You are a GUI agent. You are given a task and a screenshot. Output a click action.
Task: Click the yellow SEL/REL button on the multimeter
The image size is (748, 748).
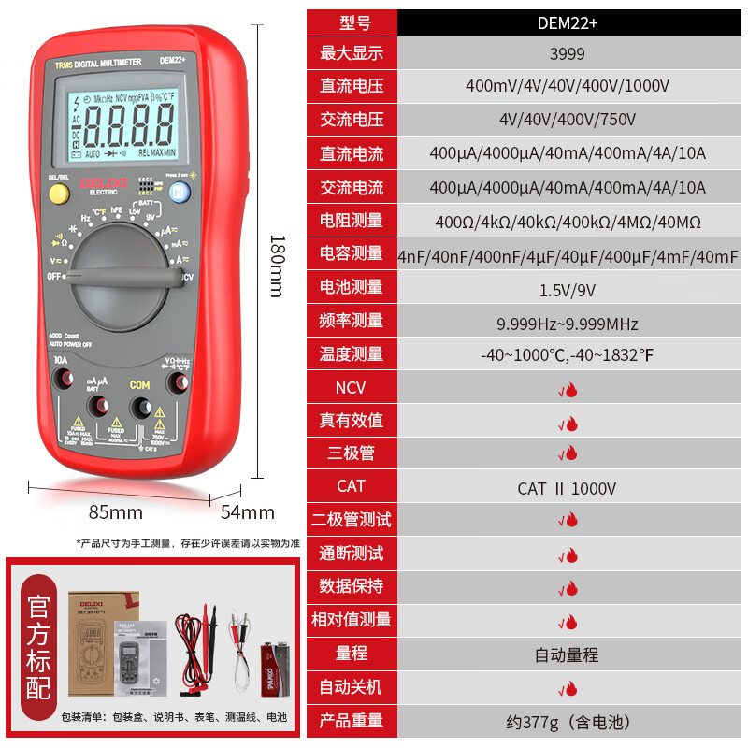click(x=59, y=194)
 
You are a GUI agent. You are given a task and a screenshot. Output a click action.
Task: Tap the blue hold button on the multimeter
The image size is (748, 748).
click(x=180, y=192)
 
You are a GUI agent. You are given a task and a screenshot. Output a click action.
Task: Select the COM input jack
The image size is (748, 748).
click(x=140, y=406)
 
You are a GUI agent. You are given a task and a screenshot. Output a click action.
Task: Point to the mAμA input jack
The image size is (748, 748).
click(x=96, y=405)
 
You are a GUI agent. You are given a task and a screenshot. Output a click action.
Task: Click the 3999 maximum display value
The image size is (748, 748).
click(x=568, y=53)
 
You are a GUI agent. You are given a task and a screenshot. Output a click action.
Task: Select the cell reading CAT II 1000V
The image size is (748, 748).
click(x=567, y=487)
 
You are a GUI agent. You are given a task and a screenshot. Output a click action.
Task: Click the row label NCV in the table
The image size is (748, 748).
click(x=351, y=387)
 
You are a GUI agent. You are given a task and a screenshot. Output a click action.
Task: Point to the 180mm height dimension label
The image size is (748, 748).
click(x=274, y=266)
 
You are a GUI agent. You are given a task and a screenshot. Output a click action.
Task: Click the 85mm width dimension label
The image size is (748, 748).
click(x=116, y=512)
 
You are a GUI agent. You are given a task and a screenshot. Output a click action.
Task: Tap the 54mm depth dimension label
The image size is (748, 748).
click(x=248, y=512)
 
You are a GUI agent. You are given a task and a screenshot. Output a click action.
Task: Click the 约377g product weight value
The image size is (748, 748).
click(x=568, y=722)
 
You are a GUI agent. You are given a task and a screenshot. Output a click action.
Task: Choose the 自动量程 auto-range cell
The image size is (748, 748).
click(x=567, y=654)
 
